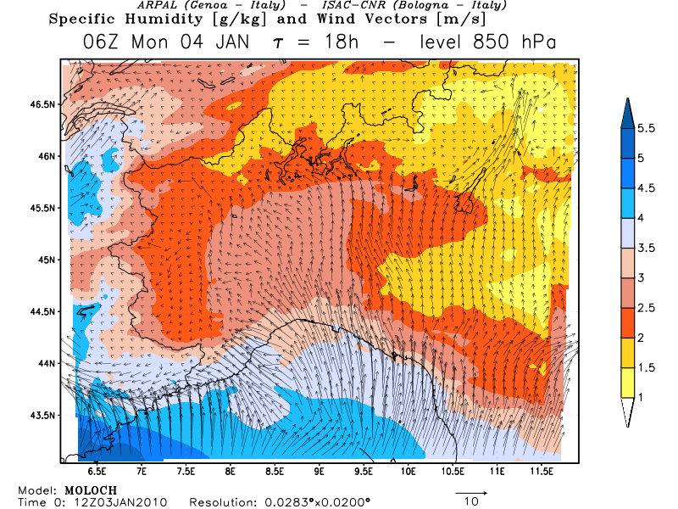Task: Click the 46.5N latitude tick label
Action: click(x=42, y=104)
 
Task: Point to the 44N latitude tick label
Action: click(x=45, y=363)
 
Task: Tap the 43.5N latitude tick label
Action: click(x=42, y=415)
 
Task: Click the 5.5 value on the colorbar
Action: click(x=647, y=128)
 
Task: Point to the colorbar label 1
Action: click(x=642, y=396)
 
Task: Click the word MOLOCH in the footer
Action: click(x=91, y=490)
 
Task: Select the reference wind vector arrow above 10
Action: click(x=472, y=491)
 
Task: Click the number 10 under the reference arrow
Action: click(x=472, y=502)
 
